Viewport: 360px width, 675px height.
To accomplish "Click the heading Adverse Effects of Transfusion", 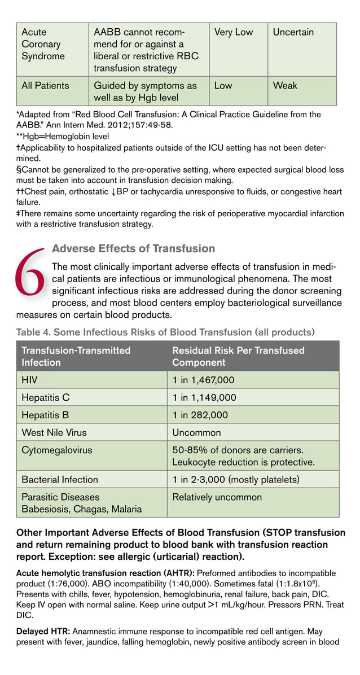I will [x=133, y=248].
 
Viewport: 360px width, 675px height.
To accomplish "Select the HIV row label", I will [x=29, y=380].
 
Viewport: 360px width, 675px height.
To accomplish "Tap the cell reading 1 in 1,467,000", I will [x=203, y=380].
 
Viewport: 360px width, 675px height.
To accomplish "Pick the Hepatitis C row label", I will [x=46, y=397].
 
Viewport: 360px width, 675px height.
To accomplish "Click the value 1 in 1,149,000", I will [x=204, y=397].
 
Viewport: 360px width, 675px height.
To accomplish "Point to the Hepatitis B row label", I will [x=45, y=415].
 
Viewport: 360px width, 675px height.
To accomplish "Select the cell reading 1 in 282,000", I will [x=200, y=415].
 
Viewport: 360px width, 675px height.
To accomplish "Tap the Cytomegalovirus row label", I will [x=56, y=450].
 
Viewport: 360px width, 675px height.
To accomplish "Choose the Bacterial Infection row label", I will [x=60, y=479].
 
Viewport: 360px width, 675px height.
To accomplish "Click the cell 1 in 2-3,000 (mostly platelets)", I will [x=235, y=479].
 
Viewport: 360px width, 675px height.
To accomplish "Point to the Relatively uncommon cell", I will [x=217, y=497].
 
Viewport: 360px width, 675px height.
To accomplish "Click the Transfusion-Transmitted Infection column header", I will [x=76, y=356].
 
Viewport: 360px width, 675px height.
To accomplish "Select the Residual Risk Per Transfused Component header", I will [x=238, y=356].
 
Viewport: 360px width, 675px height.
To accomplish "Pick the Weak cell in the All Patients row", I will [x=285, y=86].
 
